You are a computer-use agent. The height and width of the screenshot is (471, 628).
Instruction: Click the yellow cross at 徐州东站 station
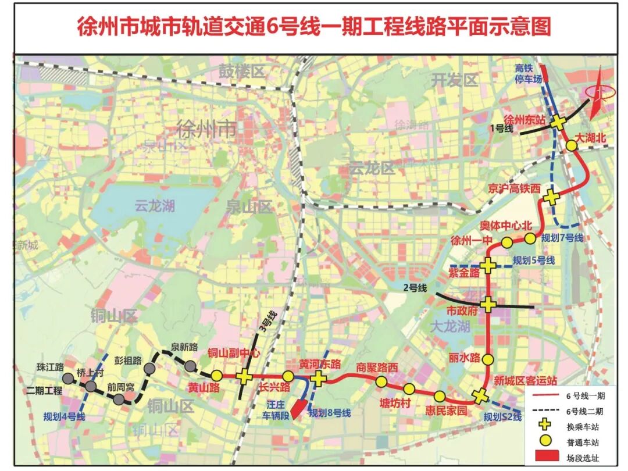558,123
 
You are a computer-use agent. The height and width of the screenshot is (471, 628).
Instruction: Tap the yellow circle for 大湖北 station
572,145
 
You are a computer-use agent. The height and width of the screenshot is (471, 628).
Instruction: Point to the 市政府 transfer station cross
488,304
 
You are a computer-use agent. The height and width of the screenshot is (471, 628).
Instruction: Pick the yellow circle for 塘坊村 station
409,388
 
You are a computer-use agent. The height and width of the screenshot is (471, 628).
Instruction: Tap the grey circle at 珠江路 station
69,378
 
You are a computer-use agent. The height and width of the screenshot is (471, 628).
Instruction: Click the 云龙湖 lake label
155,205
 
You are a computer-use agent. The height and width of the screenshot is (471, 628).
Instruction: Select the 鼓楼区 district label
241,72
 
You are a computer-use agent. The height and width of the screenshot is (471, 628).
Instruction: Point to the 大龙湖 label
449,326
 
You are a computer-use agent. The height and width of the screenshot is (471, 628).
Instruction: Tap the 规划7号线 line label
562,238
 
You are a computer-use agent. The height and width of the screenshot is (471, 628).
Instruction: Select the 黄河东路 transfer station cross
318,379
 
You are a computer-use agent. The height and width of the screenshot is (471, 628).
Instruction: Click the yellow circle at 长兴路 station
288,376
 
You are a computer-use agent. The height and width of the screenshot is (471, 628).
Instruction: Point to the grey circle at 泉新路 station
190,366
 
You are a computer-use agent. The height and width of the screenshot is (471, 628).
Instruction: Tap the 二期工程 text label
44,391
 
